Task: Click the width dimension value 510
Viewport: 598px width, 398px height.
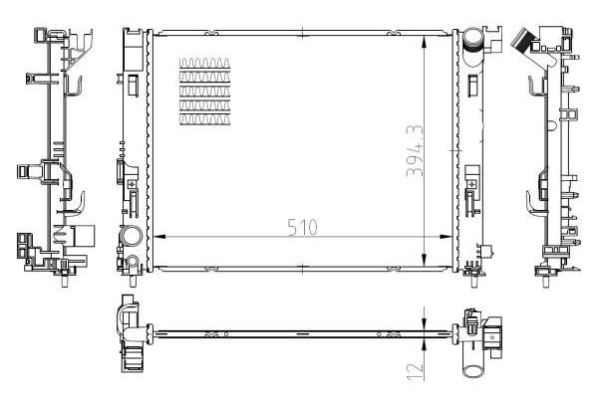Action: [x=302, y=227]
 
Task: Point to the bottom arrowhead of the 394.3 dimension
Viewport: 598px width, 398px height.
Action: [x=429, y=261]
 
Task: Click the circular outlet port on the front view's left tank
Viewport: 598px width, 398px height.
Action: [x=131, y=237]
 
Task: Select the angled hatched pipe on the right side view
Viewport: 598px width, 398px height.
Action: [x=519, y=39]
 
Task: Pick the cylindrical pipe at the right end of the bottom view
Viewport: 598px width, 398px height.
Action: [x=474, y=367]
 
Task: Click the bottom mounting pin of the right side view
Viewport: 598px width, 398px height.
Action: [x=546, y=278]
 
